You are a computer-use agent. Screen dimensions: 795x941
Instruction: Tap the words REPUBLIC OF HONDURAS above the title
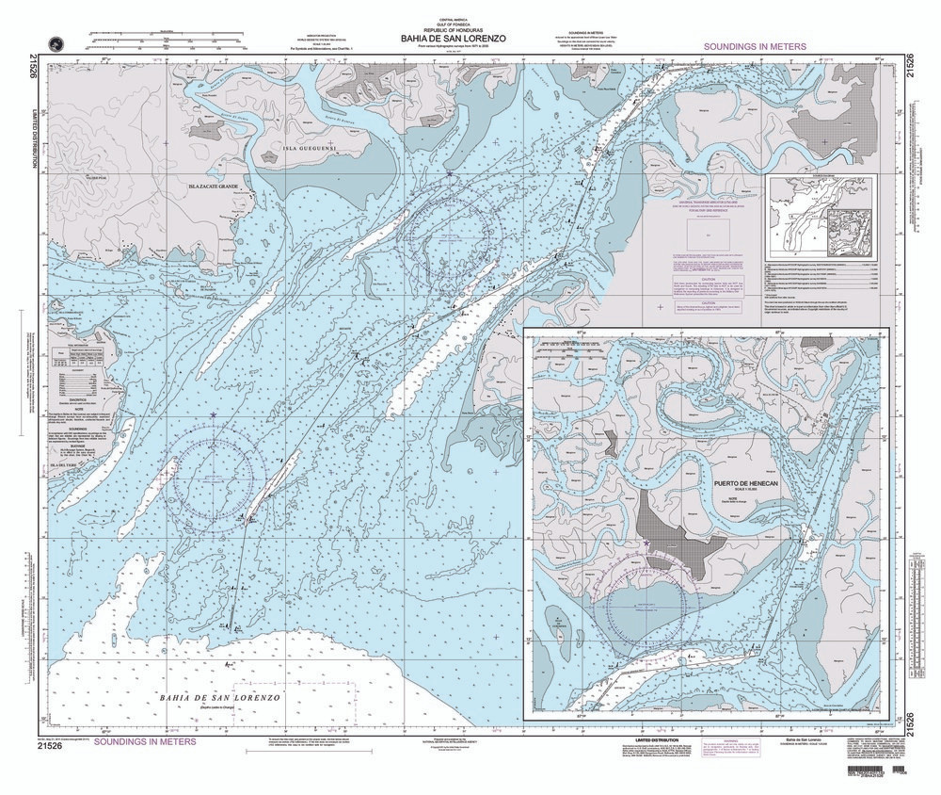point(453,30)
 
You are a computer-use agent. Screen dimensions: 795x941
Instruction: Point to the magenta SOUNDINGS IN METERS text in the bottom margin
point(133,741)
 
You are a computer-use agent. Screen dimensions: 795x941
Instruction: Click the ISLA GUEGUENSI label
point(310,149)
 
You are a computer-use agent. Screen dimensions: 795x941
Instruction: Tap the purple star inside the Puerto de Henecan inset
point(646,544)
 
